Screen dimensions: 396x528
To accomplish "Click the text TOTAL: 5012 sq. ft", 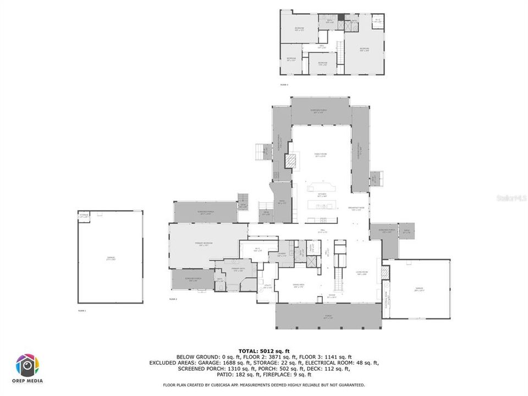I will pos(263,350).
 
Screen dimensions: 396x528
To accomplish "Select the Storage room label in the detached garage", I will pos(84,215).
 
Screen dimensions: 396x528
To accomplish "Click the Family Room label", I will pos(321,156).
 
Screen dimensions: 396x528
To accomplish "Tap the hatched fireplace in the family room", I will pos(290,161).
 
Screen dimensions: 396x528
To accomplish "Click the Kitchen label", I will pos(322,195).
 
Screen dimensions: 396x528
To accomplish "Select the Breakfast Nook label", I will pos(354,208).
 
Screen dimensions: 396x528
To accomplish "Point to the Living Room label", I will pos(361,273).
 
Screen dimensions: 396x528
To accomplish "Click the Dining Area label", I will pos(298,287).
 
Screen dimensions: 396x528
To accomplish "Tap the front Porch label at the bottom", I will pos(328,317).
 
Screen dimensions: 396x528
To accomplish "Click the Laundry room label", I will pos(280,255).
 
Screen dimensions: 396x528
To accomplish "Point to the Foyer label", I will pos(332,296).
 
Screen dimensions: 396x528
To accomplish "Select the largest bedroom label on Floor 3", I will pos(364,49).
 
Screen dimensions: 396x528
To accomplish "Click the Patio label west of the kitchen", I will pos(282,202).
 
